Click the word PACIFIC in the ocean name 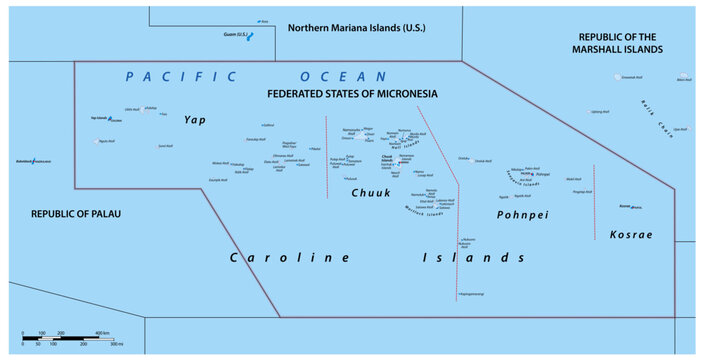[x=181, y=76]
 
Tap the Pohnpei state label [x=519, y=214]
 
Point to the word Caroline [x=290, y=257]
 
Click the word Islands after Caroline [x=485, y=257]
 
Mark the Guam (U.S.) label [x=236, y=34]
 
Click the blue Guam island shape [x=250, y=36]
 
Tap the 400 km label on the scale [x=102, y=332]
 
